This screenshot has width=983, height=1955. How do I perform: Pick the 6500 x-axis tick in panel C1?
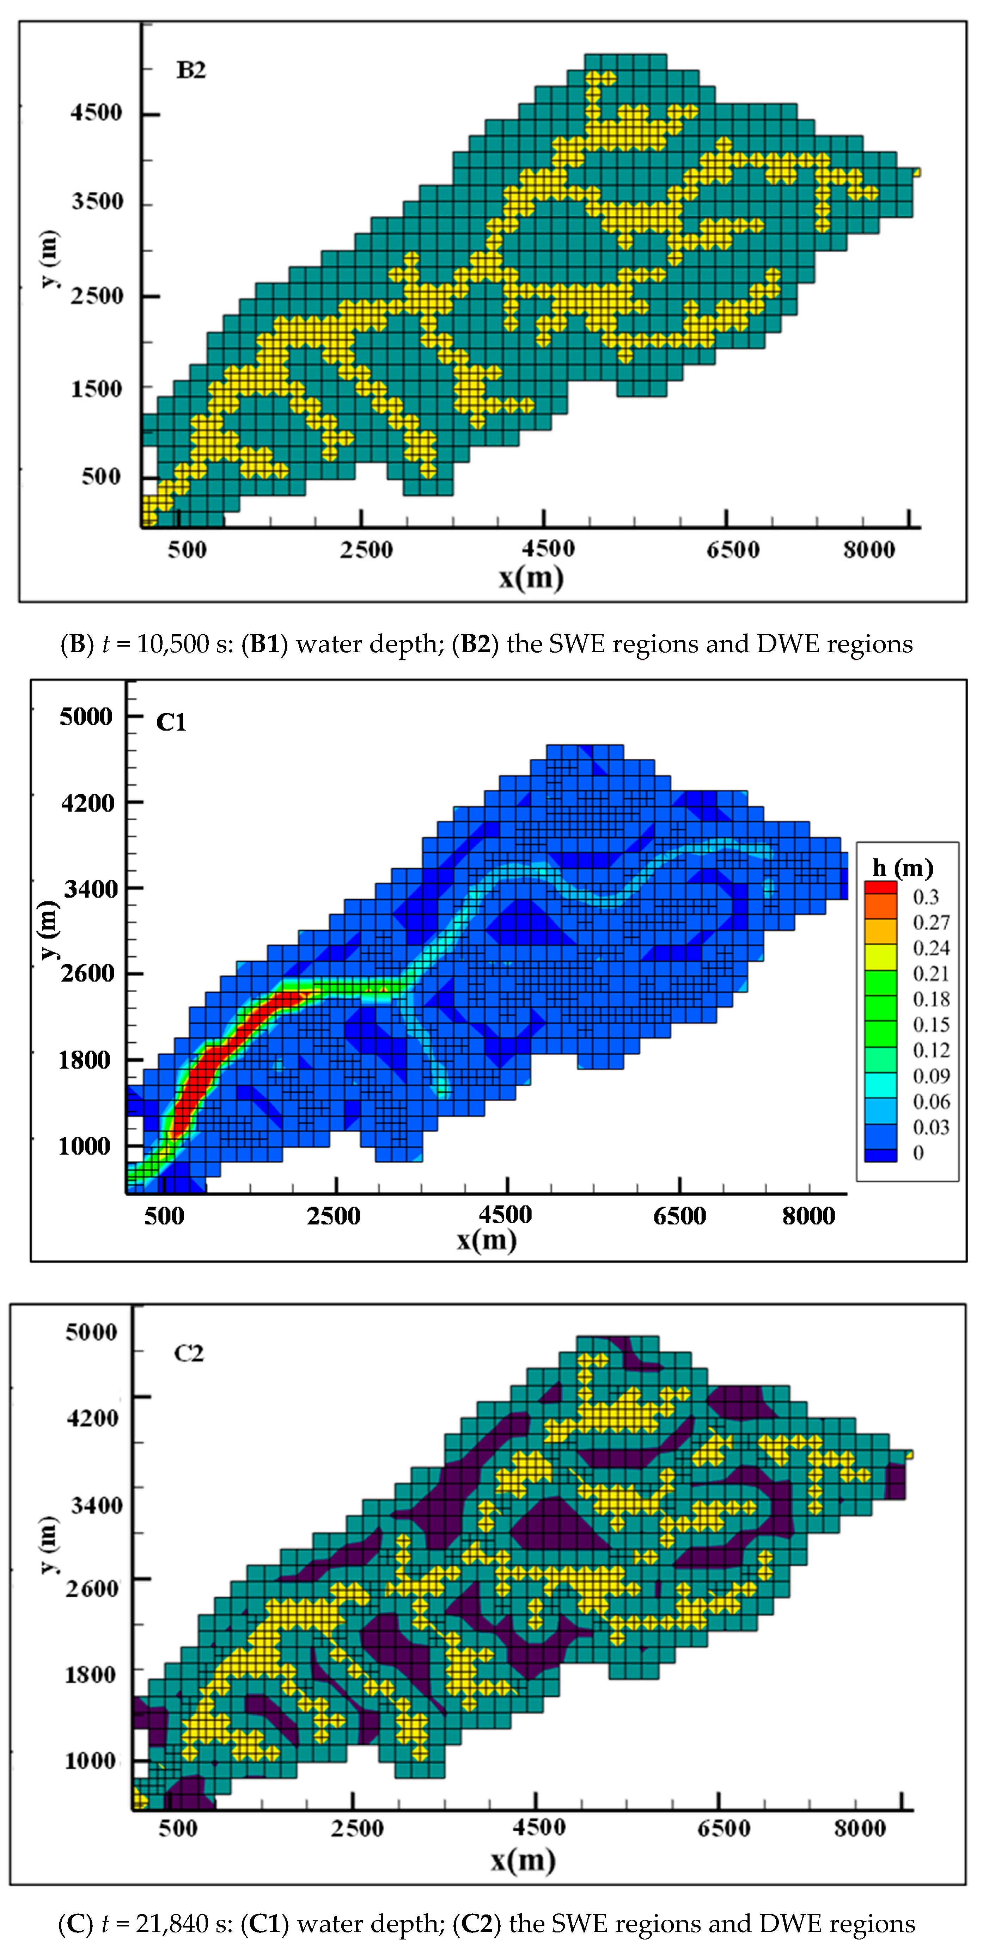679,1216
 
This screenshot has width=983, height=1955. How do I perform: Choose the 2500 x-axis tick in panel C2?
357,1827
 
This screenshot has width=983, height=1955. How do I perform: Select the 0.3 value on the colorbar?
925,897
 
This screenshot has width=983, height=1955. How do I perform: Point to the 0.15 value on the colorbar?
930,1025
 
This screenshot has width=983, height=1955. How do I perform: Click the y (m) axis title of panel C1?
48,930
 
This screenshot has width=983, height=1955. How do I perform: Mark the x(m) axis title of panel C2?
523,1860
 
